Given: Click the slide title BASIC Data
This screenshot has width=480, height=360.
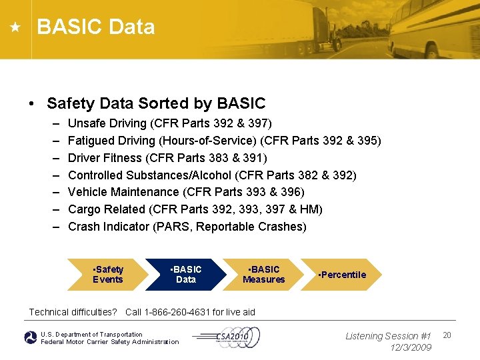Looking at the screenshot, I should pyautogui.click(x=96, y=27).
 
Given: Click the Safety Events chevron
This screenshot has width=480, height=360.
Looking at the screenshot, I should pyautogui.click(x=107, y=275).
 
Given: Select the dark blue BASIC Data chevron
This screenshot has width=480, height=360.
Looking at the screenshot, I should pyautogui.click(x=185, y=275).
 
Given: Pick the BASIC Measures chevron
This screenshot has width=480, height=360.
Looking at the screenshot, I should pyautogui.click(x=263, y=275).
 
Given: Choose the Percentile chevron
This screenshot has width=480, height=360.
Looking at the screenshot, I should pyautogui.click(x=342, y=275).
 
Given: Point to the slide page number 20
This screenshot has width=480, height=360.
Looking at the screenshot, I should pyautogui.click(x=447, y=335).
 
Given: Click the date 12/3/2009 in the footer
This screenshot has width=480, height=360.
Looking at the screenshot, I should pyautogui.click(x=411, y=347).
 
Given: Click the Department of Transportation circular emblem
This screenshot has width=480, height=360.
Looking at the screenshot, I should pyautogui.click(x=31, y=338).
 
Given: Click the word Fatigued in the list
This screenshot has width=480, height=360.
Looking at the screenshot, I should pyautogui.click(x=89, y=141).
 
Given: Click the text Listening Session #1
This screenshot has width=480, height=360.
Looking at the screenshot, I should pyautogui.click(x=388, y=336).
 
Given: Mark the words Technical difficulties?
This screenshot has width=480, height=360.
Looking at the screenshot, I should pyautogui.click(x=73, y=312).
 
